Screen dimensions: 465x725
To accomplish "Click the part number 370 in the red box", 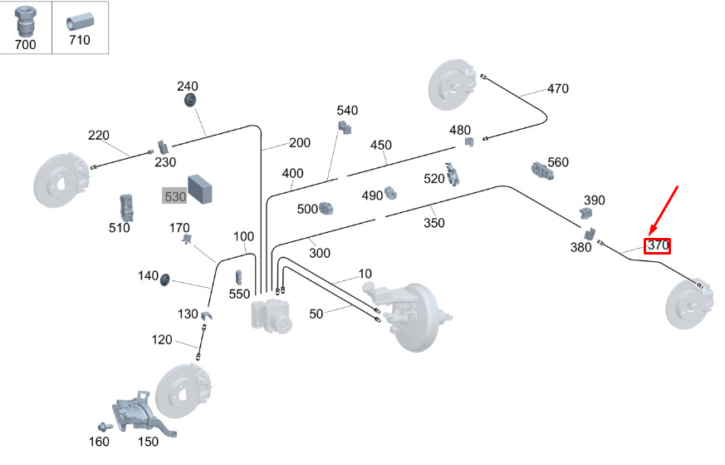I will (x=658, y=245).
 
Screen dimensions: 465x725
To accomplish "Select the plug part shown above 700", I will (x=25, y=20).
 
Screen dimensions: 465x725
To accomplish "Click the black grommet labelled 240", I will (x=190, y=101).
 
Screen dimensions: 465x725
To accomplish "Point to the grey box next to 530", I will (x=201, y=189).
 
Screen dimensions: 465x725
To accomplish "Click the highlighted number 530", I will (x=174, y=196).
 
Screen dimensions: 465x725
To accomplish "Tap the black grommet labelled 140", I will (x=165, y=278).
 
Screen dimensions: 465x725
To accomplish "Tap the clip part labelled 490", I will (x=389, y=195).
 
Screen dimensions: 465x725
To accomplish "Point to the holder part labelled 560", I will (x=541, y=170).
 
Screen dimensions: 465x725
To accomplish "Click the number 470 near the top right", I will (x=557, y=88).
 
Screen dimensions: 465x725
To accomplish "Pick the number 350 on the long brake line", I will (x=434, y=223).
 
